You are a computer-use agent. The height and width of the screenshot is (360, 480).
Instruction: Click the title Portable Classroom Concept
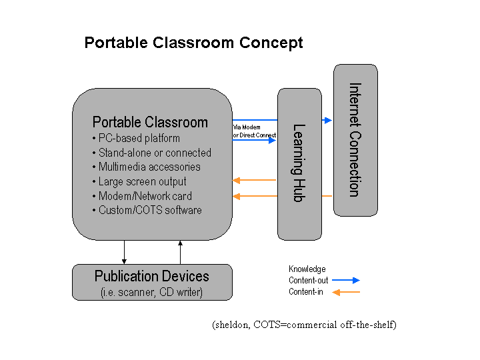193,43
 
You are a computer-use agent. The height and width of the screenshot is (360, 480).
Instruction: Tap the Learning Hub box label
299,163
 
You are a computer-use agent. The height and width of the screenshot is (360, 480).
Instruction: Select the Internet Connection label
355,140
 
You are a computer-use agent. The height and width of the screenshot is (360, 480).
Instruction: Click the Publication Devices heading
151,276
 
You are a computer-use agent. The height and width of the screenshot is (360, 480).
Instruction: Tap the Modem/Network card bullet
145,196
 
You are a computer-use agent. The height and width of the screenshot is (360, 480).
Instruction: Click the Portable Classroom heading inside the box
150,122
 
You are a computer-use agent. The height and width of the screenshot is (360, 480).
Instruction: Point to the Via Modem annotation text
246,127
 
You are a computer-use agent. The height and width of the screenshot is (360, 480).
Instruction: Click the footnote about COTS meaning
305,325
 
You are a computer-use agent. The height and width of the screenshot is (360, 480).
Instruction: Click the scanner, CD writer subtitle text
151,292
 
